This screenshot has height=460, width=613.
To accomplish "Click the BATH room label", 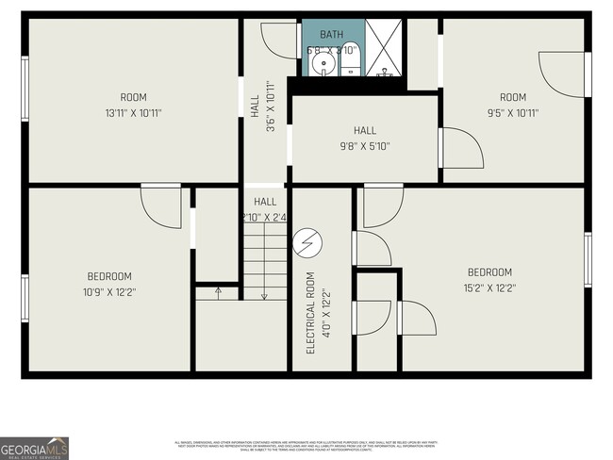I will point(332,35).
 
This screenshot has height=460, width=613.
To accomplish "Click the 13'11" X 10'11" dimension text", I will point(133,113).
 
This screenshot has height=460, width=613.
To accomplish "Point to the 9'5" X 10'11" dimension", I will point(512,113).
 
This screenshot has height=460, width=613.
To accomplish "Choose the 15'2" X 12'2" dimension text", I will point(489,288).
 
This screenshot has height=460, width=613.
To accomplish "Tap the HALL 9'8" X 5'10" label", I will point(365,139).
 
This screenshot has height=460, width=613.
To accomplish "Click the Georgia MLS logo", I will point(35,448).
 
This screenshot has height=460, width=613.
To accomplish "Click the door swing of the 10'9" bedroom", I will point(160,205).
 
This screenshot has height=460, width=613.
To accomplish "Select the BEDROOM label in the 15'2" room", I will point(489,272).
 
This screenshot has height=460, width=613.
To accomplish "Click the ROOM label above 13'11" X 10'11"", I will point(133,97).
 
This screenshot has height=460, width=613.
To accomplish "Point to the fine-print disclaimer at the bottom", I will point(306,445).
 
